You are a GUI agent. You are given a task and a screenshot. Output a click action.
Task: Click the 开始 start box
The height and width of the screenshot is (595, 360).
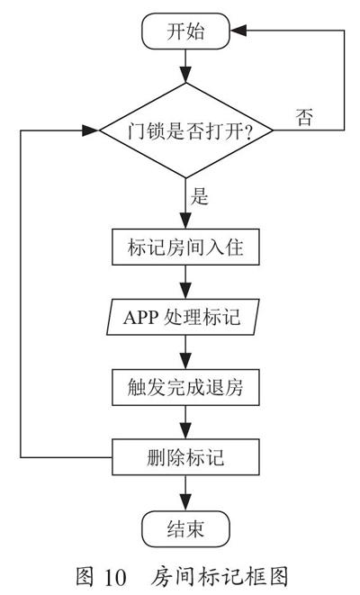pos(186,32)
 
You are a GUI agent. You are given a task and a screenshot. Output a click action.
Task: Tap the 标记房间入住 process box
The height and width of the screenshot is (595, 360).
pos(186,247)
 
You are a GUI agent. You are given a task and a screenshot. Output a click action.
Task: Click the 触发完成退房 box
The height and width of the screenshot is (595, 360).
pos(186,387)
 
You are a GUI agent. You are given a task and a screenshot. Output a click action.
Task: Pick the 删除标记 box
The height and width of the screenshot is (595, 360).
pos(186,457)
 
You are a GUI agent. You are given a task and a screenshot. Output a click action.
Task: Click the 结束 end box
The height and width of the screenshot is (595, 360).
pos(186,528)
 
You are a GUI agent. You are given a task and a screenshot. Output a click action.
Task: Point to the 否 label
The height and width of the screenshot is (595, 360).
pos(304,117)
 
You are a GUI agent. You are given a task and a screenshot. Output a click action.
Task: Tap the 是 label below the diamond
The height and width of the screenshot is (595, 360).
pos(200,196)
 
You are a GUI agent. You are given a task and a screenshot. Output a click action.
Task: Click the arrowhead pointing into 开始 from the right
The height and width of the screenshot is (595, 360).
pos(238,31)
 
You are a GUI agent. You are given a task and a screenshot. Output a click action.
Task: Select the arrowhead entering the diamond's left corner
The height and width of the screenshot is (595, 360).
pos(91,131)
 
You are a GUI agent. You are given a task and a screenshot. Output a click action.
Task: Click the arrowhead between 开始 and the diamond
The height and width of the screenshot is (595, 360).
pos(186,75)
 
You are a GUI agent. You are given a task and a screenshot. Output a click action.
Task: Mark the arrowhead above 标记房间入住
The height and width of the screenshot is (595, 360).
pos(186,221)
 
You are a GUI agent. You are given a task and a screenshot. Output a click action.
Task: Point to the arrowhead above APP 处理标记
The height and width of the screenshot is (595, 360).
pos(186,291)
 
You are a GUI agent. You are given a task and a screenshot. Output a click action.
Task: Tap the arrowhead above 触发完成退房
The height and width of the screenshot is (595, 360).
pos(186,361)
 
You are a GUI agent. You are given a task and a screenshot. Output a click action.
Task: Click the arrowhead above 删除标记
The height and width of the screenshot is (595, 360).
pos(186,431)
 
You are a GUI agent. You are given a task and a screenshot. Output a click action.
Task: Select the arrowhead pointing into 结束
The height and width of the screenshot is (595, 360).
pos(186,503)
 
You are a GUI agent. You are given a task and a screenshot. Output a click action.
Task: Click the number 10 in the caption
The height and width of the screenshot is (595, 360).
pos(115,577)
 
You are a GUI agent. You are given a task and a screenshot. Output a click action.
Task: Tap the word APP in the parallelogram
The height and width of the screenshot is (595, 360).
pos(140,317)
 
